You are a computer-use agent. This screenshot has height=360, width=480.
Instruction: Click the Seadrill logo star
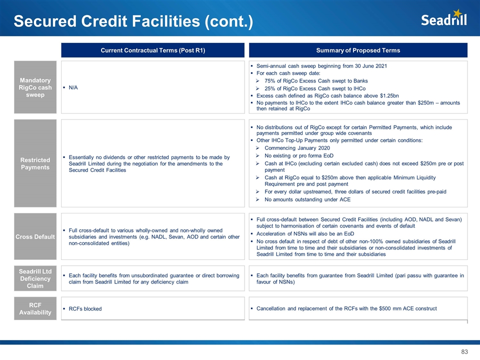[x=457, y=13]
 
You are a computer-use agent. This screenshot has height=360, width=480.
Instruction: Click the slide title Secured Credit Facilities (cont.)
[x=133, y=21]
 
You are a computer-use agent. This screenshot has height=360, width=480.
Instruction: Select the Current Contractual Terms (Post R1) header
[x=153, y=50]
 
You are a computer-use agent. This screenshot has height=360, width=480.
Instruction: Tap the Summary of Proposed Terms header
[x=358, y=50]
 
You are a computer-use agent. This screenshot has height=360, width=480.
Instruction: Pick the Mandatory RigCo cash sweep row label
[x=35, y=87]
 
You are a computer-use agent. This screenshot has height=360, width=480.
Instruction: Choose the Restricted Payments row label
[x=35, y=163]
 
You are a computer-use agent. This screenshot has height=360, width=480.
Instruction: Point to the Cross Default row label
[x=35, y=236]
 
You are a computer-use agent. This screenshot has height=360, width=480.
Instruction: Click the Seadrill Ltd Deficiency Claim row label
[x=35, y=279]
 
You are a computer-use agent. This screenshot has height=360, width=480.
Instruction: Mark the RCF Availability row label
[x=35, y=308]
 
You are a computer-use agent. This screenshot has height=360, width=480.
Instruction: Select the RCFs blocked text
[x=85, y=308]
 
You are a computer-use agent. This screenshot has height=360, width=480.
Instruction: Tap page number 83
[x=464, y=352]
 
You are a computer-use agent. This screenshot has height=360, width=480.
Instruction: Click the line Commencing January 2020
[x=297, y=148]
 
